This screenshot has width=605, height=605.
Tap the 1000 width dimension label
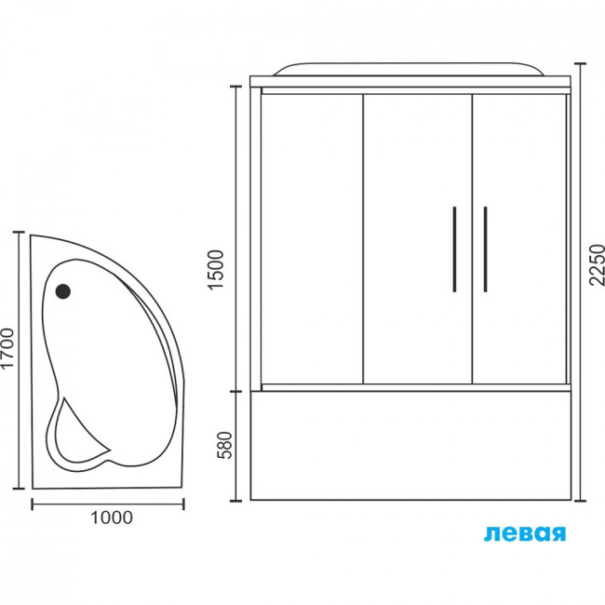112,518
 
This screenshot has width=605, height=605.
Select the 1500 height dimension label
216,269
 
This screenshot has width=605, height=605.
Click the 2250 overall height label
598,264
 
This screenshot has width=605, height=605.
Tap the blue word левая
525,533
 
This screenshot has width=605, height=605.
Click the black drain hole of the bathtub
63,291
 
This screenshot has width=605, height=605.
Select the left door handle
454,249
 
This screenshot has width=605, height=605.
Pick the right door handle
485,249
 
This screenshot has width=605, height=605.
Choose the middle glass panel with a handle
418,239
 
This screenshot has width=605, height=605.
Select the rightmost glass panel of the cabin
519,239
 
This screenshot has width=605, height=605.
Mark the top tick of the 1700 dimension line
19,233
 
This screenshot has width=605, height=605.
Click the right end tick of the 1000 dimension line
183,504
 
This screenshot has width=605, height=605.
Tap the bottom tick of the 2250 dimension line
580,501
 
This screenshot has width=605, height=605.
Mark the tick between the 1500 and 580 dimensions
235,392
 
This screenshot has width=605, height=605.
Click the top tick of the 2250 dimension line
580,63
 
